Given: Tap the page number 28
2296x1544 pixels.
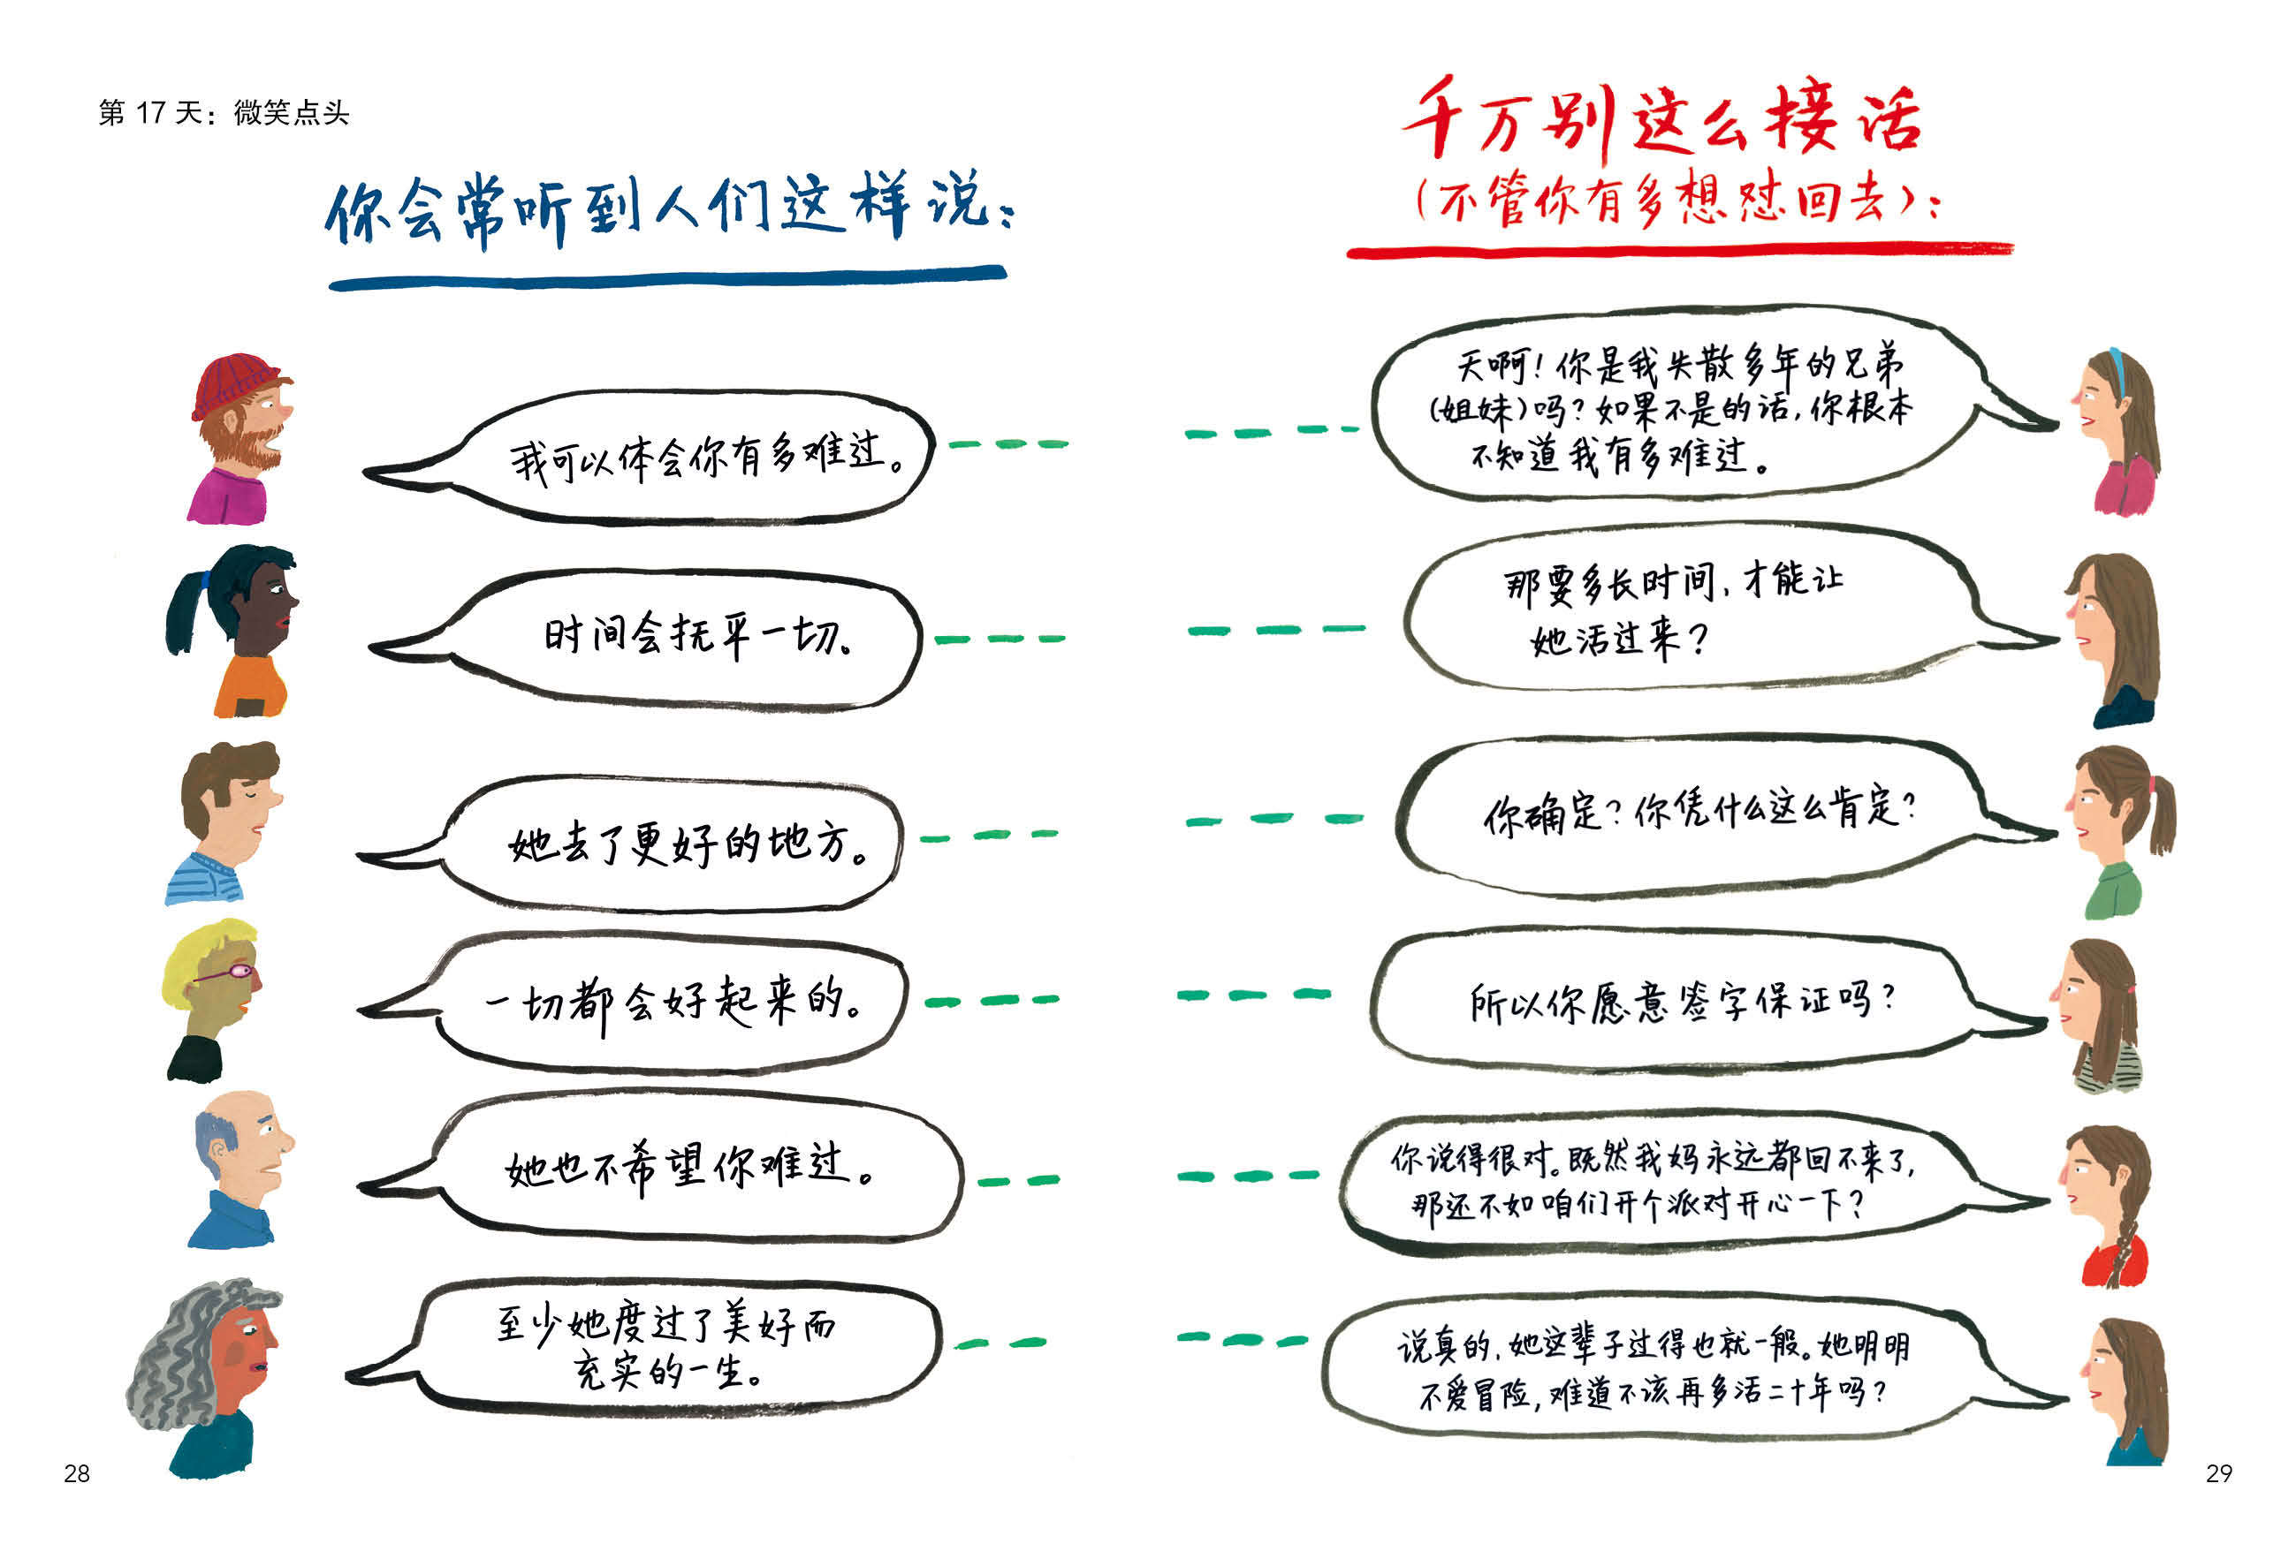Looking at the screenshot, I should click(77, 1473).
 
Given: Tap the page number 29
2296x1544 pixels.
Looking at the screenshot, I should click(2218, 1473).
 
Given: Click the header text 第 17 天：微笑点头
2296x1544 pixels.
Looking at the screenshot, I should click(224, 112).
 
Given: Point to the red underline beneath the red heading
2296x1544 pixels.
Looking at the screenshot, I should click(1678, 251).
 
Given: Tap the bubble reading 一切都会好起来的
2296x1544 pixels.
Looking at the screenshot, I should click(670, 1003).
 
